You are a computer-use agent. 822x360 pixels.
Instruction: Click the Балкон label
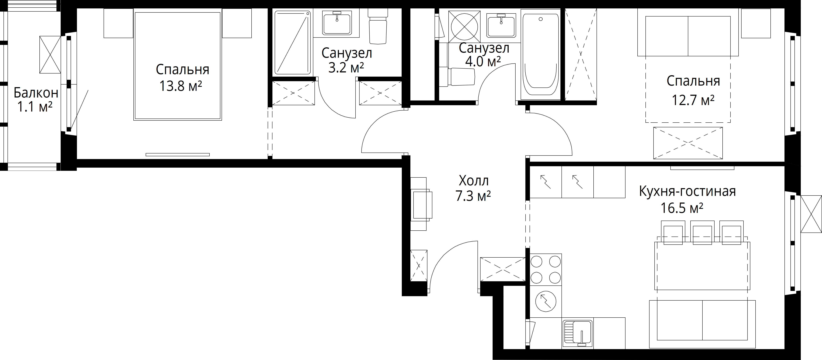pos(36,93)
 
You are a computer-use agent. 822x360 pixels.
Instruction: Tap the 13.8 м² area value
pos(181,86)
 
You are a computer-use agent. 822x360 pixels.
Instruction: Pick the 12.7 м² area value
pos(693,100)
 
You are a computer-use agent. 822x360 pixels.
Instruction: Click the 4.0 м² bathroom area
pos(483,61)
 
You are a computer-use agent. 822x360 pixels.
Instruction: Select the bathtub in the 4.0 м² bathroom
pos(541,54)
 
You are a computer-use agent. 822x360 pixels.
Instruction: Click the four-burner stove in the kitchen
pos(546,269)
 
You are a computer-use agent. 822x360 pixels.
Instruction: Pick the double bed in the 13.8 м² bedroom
pos(178,66)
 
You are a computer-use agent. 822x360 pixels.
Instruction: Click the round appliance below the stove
pos(546,301)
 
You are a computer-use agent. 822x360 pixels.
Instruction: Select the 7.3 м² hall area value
pos(473,196)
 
